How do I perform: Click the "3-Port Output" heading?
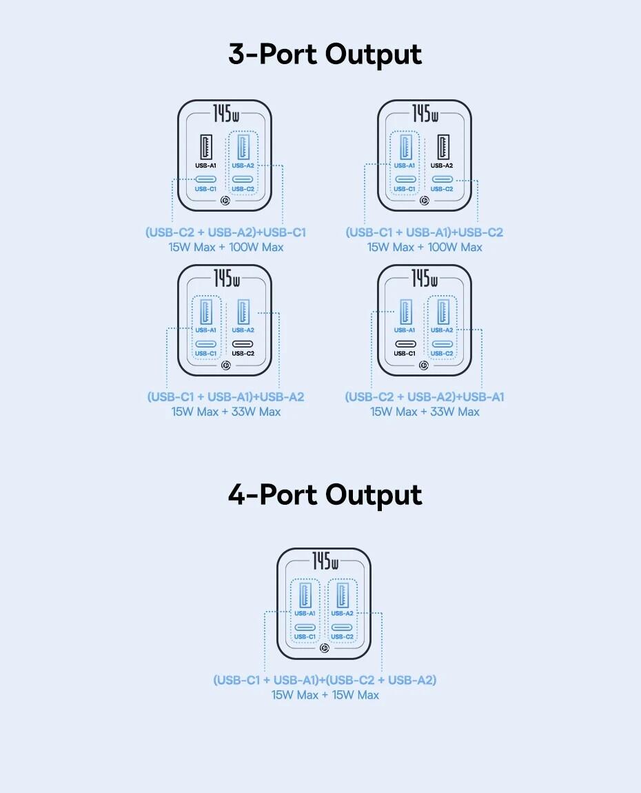pyautogui.click(x=325, y=54)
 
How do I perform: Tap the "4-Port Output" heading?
pyautogui.click(x=325, y=494)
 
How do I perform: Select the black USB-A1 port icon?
pyautogui.click(x=206, y=147)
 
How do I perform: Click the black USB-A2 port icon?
pyautogui.click(x=442, y=147)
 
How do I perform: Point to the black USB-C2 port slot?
pyautogui.click(x=243, y=344)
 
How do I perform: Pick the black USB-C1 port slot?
pyautogui.click(x=405, y=344)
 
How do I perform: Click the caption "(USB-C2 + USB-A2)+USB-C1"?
pyautogui.click(x=225, y=232)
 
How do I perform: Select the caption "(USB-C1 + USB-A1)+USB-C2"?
pyautogui.click(x=424, y=232)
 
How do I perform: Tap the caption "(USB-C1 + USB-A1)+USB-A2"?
pyautogui.click(x=225, y=397)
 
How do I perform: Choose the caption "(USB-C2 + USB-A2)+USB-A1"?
pyautogui.click(x=424, y=397)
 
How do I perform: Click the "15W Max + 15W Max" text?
pyautogui.click(x=325, y=695)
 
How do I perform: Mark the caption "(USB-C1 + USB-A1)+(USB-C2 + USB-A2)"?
pyautogui.click(x=325, y=680)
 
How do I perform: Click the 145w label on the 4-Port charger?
pyautogui.click(x=325, y=561)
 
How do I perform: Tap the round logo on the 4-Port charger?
pyautogui.click(x=325, y=648)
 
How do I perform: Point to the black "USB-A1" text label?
pyautogui.click(x=206, y=165)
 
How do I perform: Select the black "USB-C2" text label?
pyautogui.click(x=243, y=354)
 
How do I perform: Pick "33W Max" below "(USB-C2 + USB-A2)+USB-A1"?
pyautogui.click(x=454, y=412)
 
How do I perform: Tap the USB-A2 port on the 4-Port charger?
pyautogui.click(x=343, y=594)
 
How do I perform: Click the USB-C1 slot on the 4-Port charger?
pyautogui.click(x=305, y=627)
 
